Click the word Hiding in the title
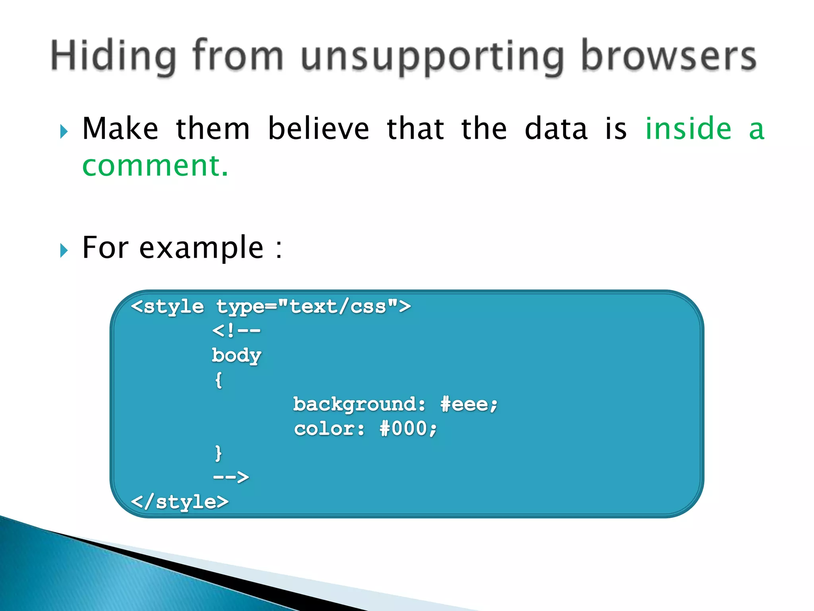114,56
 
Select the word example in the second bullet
201,247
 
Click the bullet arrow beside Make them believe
64,131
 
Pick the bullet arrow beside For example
64,251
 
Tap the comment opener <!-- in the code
236,331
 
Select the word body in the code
236,355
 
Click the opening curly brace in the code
218,380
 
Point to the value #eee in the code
469,405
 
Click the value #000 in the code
408,429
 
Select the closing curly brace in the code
218,453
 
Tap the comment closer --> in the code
231,477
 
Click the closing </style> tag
180,502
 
